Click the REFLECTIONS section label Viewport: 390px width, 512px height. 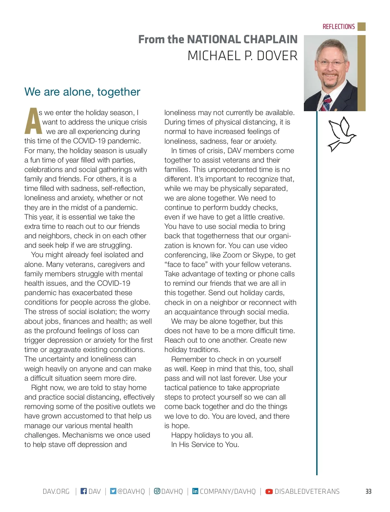click(x=338, y=27)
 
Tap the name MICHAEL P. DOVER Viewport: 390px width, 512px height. click(x=242, y=56)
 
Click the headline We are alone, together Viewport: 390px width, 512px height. click(x=82, y=92)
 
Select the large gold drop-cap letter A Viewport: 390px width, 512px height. click(x=32, y=121)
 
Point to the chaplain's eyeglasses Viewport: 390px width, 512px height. click(x=331, y=63)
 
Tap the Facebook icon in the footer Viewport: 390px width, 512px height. click(x=84, y=491)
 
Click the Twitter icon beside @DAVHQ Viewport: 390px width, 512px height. click(x=113, y=491)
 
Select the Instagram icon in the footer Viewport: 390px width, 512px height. click(x=157, y=491)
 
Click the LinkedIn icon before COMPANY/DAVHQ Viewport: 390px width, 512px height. click(x=195, y=491)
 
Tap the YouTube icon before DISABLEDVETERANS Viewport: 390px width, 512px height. click(x=269, y=491)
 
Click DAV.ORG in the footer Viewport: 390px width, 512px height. click(x=56, y=491)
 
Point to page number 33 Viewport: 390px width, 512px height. click(x=368, y=491)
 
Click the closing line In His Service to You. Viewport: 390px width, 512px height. click(x=205, y=444)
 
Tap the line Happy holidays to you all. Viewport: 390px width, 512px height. click(x=212, y=435)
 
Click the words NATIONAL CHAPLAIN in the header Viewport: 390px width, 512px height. click(x=242, y=39)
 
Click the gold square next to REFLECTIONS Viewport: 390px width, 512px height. click(x=361, y=27)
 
